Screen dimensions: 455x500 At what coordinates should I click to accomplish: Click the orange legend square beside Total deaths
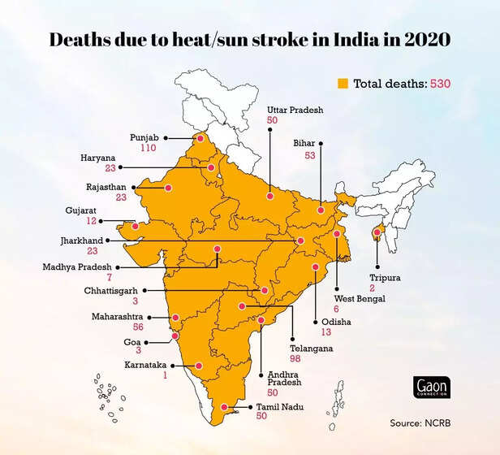click(343, 83)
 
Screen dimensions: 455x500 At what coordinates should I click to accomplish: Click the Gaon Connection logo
click(432, 388)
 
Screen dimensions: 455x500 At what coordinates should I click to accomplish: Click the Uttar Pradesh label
click(295, 109)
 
